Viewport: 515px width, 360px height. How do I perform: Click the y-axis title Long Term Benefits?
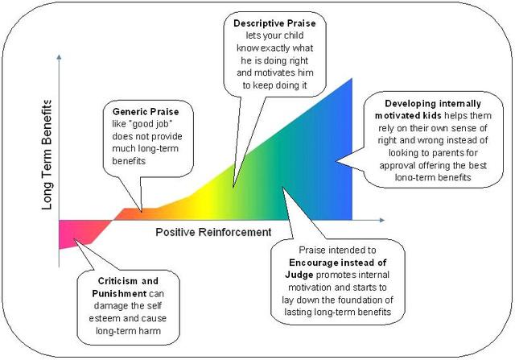click(46, 155)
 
